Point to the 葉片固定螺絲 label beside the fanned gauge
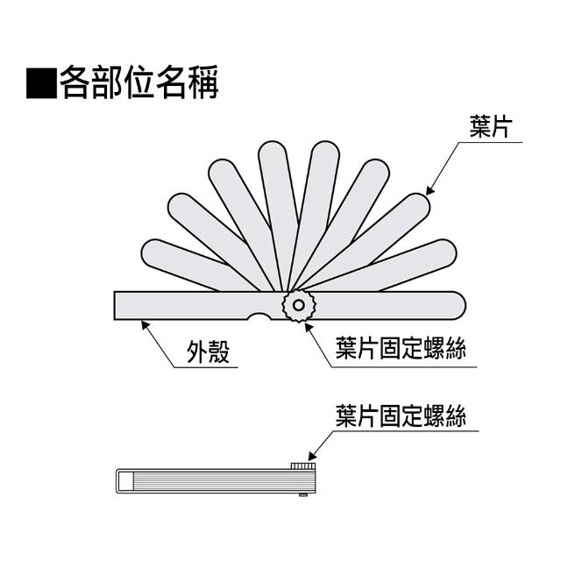[x=401, y=349]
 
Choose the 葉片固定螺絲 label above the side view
[x=401, y=415]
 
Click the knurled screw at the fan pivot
[x=299, y=306]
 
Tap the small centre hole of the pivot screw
[x=299, y=306]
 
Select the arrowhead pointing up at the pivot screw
[x=306, y=325]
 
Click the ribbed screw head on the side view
[x=302, y=464]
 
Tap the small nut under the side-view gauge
[x=302, y=495]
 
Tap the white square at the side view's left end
[x=125, y=481]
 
